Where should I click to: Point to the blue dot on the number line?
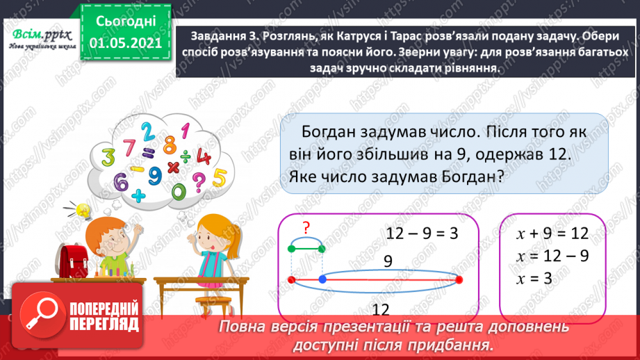(322, 279)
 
